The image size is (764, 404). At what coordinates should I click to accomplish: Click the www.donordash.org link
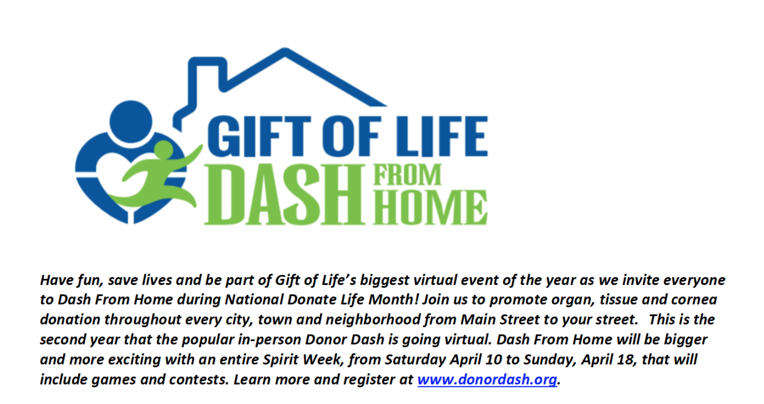(x=487, y=379)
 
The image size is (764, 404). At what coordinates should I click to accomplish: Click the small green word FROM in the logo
(x=407, y=175)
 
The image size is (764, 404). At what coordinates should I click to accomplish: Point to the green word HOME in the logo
(x=430, y=207)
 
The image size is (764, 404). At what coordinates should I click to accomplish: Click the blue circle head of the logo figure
(x=131, y=122)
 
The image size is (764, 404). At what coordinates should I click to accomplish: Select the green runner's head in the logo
(x=163, y=150)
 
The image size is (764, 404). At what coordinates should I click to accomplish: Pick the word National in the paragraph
(x=254, y=299)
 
